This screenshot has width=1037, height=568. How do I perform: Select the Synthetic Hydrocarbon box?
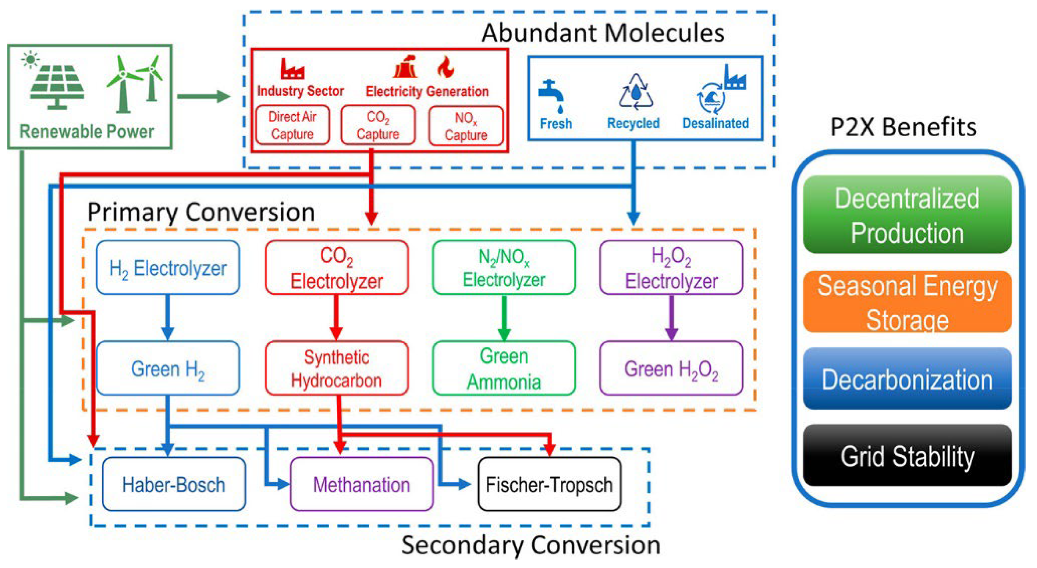336,368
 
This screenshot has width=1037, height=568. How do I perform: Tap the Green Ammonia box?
504,368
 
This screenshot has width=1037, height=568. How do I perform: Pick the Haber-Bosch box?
174,484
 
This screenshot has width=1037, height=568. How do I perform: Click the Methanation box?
361,484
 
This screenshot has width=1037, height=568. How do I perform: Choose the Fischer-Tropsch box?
549,484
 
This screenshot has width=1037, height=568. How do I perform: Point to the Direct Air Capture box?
292,125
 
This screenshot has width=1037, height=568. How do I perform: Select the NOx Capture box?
466,126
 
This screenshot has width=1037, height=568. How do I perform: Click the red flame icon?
445,67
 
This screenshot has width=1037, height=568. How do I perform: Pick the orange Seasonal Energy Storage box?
907,302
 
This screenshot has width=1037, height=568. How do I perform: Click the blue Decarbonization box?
907,379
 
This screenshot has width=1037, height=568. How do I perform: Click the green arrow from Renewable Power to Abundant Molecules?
203,96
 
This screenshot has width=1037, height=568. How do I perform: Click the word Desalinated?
715,123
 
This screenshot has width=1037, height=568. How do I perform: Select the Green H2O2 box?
671,368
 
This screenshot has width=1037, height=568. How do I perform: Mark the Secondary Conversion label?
531,546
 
